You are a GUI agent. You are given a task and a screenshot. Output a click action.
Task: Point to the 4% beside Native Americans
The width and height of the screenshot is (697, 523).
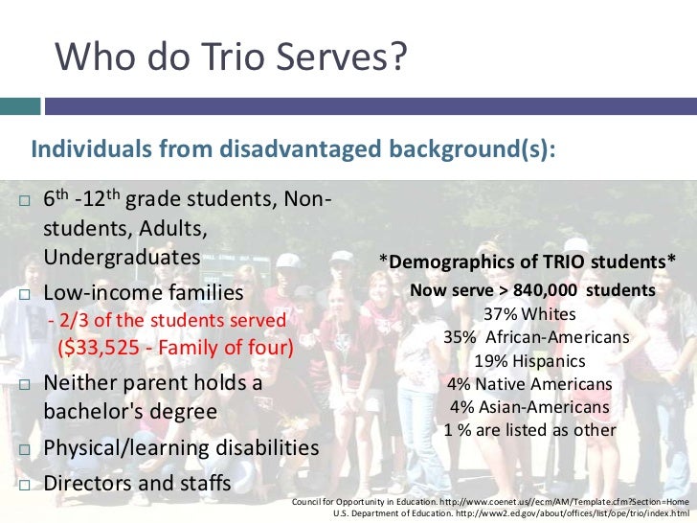coord(461,384)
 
